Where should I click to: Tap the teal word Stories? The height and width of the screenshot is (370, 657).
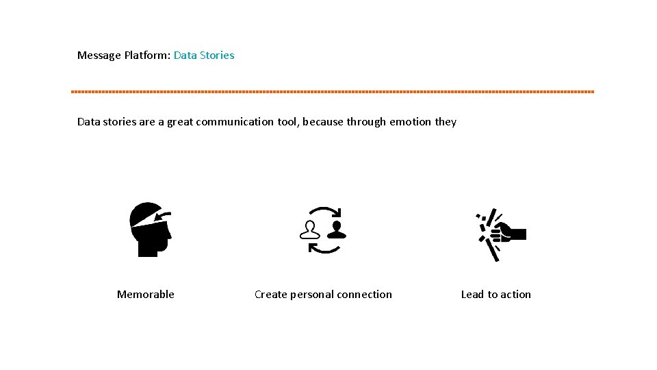click(x=217, y=56)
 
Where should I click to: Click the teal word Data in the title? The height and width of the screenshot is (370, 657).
click(x=185, y=56)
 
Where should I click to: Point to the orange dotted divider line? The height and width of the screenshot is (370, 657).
click(x=333, y=91)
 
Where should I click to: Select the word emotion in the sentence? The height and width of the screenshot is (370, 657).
click(x=411, y=122)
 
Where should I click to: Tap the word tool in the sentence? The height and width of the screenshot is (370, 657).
click(x=287, y=122)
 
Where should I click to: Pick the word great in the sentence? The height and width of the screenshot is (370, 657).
click(x=180, y=122)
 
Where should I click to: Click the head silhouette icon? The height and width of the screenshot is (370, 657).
click(x=151, y=230)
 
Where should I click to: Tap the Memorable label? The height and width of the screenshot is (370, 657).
click(x=146, y=295)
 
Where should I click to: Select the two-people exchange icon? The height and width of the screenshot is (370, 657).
click(x=324, y=230)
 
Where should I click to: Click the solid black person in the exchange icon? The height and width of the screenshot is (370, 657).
click(x=336, y=229)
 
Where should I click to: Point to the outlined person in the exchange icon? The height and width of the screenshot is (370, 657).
click(x=311, y=230)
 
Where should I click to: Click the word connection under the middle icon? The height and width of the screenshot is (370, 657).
click(x=365, y=295)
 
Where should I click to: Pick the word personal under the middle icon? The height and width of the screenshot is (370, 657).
click(x=313, y=295)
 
